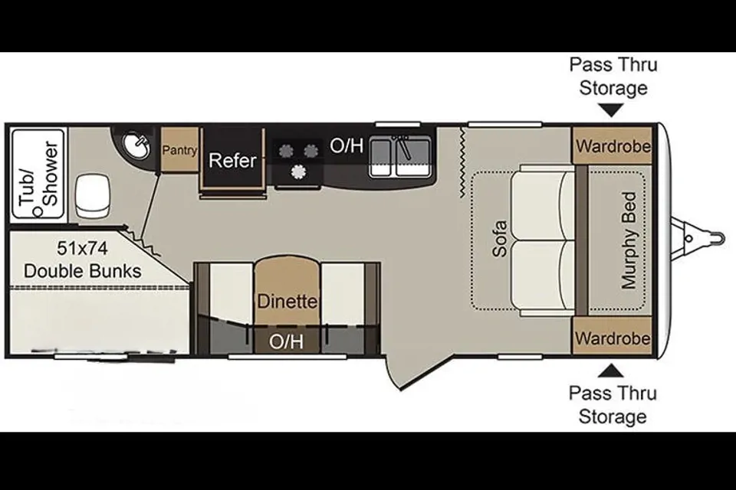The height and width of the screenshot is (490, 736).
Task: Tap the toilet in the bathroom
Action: click(93, 196)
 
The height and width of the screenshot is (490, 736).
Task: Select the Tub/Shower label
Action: click(39, 174)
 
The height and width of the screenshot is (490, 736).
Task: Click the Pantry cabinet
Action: click(179, 149)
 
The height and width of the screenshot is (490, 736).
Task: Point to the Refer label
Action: click(232, 160)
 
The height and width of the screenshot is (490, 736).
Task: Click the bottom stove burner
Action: click(297, 172)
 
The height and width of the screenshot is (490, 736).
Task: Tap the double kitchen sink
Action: click(399, 157)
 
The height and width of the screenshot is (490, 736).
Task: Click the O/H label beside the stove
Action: click(347, 145)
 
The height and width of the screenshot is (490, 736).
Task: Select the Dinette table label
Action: click(287, 301)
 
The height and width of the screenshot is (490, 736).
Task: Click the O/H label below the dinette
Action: click(286, 341)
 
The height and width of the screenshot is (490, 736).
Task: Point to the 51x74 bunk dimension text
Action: click(82, 248)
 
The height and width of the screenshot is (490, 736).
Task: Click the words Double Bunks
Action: click(83, 271)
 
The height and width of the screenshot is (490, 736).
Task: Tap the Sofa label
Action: click(500, 239)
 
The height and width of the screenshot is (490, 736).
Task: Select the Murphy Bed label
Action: click(629, 240)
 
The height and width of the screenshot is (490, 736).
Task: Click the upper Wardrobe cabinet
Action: click(613, 145)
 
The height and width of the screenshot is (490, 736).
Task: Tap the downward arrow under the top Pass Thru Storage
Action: click(612, 110)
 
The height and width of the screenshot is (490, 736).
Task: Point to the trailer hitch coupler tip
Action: click(723, 238)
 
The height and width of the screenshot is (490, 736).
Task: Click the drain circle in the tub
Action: click(38, 212)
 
